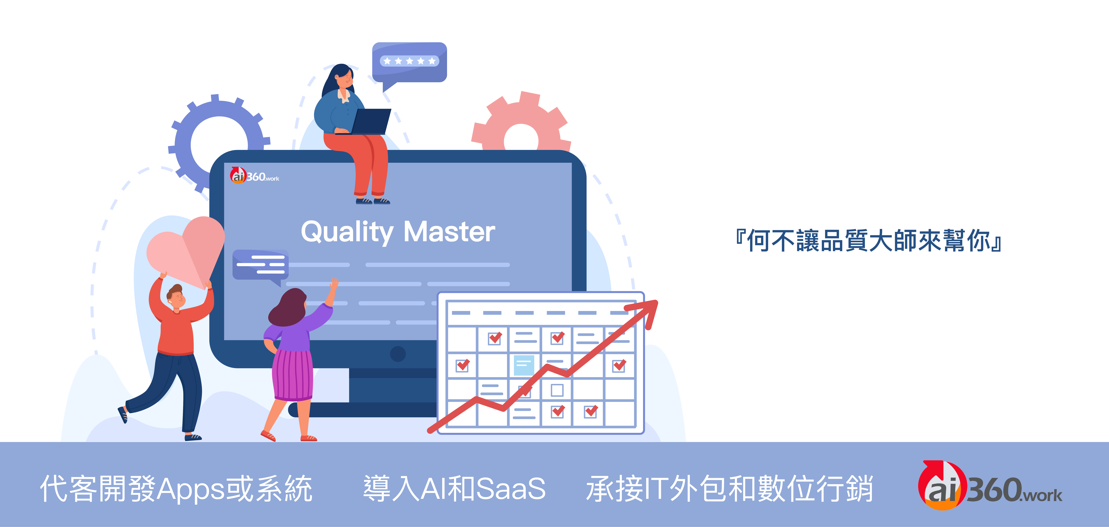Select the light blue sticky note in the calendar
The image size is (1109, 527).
[x=524, y=365]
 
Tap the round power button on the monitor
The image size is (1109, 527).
[x=398, y=354]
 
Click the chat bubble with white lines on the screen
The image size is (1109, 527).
[x=260, y=265]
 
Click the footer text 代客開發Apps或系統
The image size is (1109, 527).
[x=176, y=489]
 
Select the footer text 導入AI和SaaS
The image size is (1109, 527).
[x=454, y=489]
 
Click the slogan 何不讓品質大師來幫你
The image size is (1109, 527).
[x=870, y=240]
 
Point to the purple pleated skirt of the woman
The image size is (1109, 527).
[x=293, y=375]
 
